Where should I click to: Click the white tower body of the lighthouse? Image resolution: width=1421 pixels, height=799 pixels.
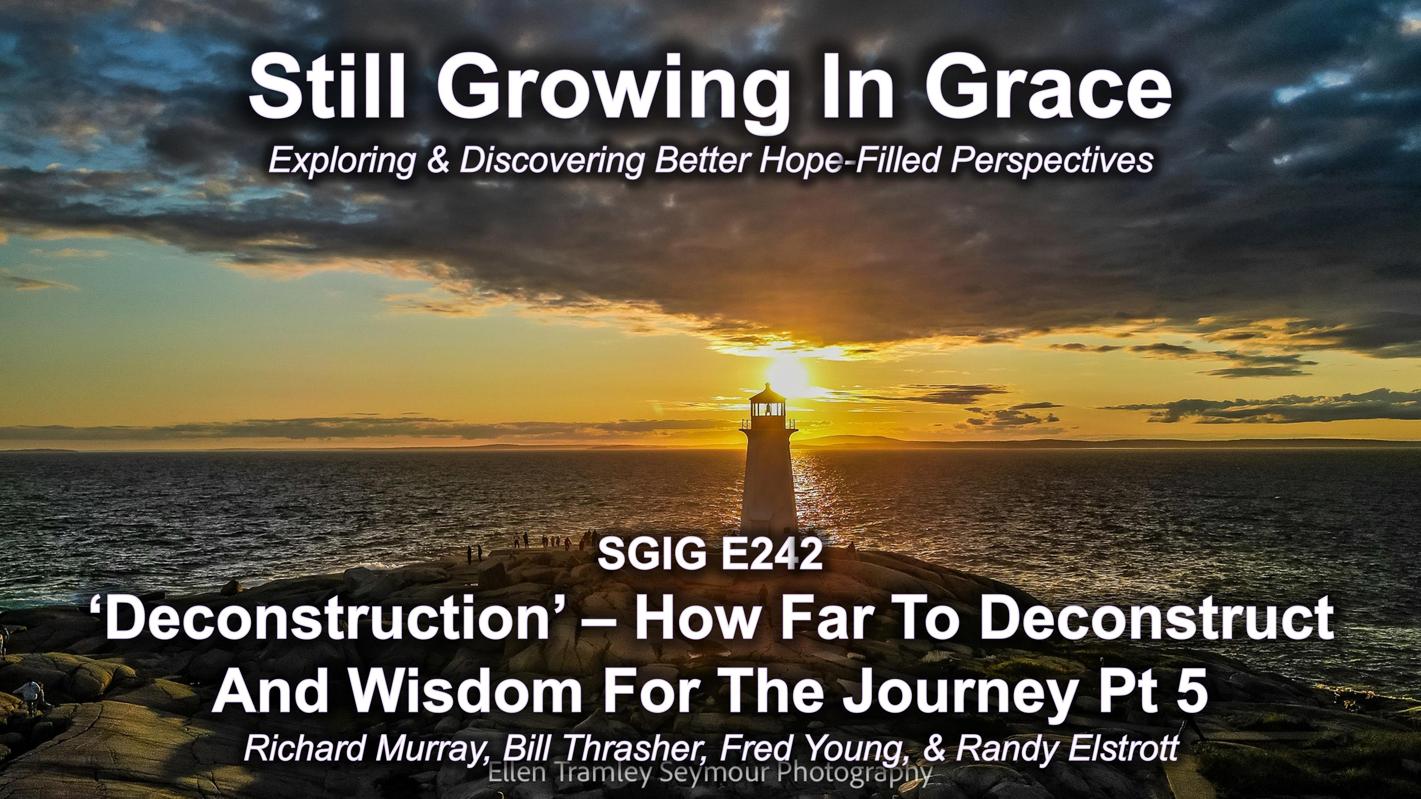pyautogui.click(x=769, y=485)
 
